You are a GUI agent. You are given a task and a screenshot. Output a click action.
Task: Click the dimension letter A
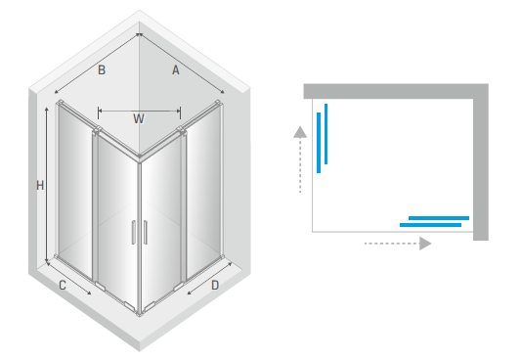(x=176, y=69)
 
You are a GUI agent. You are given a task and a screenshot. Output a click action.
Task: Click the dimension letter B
(x=102, y=70)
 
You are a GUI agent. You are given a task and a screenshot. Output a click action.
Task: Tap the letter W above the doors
(x=139, y=119)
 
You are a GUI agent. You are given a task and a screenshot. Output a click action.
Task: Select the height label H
(x=40, y=186)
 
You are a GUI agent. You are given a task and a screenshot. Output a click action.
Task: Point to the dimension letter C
(x=63, y=286)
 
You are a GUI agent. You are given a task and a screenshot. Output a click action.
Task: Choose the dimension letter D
(x=215, y=286)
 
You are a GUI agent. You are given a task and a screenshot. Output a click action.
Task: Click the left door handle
(x=134, y=232)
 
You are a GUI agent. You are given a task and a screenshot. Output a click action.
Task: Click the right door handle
(x=145, y=232)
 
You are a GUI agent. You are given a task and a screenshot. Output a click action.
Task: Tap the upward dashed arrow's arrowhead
(x=300, y=132)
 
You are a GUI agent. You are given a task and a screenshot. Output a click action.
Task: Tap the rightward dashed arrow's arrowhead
(x=425, y=244)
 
